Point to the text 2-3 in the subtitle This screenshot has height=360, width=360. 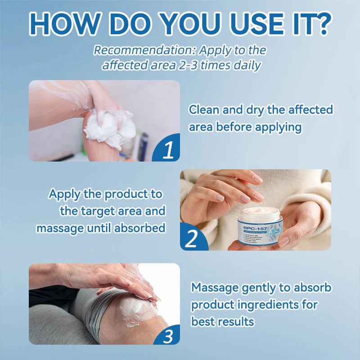click(x=185, y=65)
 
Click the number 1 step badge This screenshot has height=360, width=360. click(x=167, y=150)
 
